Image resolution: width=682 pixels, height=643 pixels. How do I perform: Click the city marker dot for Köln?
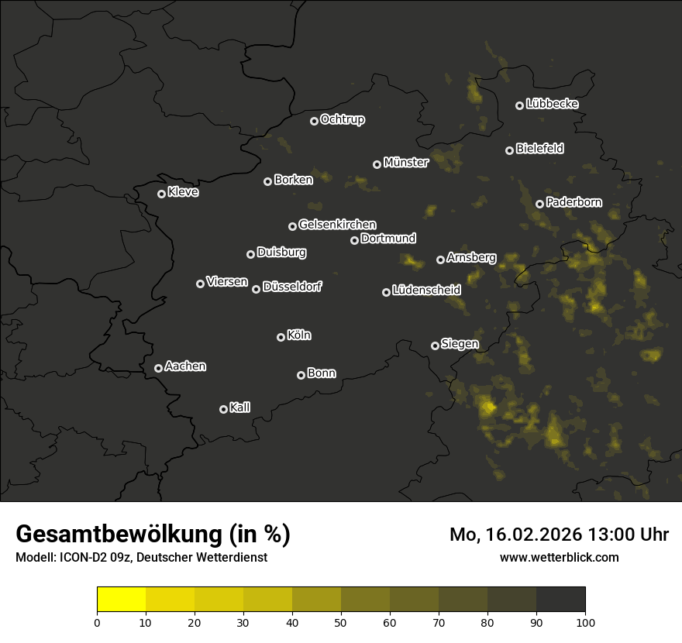(281, 337)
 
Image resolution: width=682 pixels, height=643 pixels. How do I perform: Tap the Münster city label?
(406, 163)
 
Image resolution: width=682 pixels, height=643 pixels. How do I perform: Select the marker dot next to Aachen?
(158, 368)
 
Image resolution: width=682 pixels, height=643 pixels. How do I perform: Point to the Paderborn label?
(573, 202)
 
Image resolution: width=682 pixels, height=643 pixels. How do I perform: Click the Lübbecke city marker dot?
(519, 105)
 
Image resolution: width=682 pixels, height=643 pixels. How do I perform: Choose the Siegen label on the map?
(460, 344)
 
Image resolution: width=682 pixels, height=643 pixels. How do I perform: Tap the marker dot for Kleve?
(161, 194)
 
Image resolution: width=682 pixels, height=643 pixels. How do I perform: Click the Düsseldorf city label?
(292, 287)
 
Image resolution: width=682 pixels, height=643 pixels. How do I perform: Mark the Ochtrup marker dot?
(314, 121)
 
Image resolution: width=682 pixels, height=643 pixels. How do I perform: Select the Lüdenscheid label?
(426, 291)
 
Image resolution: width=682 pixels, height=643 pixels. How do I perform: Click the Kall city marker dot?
(223, 409)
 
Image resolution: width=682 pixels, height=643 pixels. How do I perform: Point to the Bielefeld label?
(539, 149)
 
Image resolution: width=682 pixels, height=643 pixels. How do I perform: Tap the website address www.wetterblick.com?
(559, 557)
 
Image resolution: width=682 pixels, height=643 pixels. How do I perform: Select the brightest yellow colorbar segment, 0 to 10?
(121, 600)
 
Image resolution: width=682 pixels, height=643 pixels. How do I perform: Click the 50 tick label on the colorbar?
(341, 621)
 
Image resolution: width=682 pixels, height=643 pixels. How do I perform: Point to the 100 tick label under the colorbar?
(585, 621)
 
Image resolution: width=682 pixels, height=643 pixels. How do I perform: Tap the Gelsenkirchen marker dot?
(292, 226)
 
